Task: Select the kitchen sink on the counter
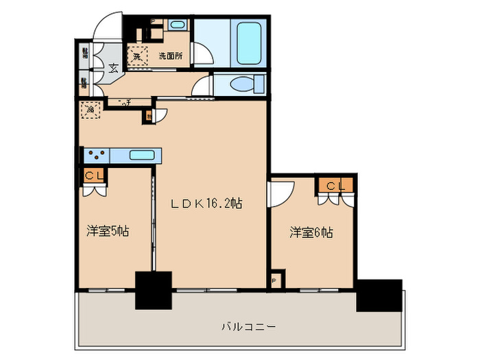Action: point(141,155)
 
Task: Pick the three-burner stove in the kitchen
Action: point(96,155)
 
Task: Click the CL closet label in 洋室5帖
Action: point(95,176)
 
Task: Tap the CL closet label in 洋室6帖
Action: point(335,185)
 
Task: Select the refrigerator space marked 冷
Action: point(90,109)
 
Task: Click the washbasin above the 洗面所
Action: point(176,25)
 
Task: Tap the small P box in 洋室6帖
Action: point(275,280)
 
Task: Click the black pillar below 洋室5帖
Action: point(153,291)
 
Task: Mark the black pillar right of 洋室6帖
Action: point(379,296)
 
